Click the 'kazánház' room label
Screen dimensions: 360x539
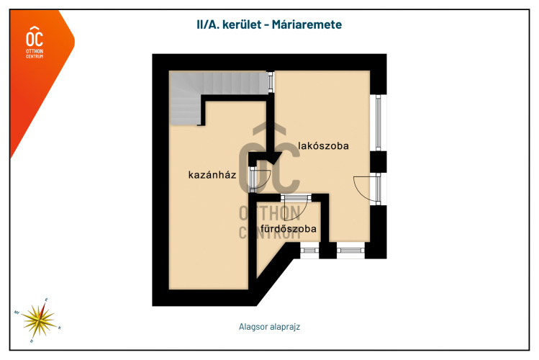pos(212,175)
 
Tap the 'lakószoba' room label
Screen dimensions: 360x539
pos(323,146)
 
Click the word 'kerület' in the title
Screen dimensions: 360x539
pos(240,24)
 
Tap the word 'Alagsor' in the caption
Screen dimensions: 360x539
pos(253,326)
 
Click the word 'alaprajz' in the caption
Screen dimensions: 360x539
pos(284,326)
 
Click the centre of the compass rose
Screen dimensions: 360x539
pos(38,317)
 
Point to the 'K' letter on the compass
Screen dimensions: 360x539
pos(59,327)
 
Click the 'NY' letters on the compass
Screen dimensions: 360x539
pos(17,312)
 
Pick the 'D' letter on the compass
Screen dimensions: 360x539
pos(31,339)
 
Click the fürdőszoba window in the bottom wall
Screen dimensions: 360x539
pos(309,250)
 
